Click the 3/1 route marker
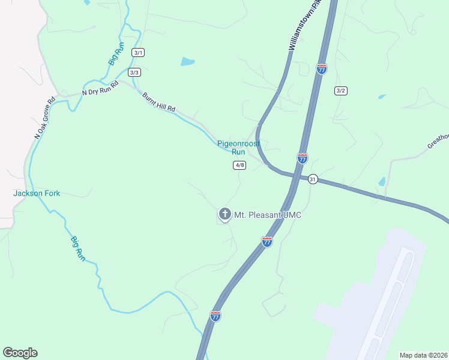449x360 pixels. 139,53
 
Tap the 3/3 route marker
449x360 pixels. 134,73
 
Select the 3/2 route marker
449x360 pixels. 341,91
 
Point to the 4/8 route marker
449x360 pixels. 240,165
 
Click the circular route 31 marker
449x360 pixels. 312,179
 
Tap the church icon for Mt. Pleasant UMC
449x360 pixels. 224,214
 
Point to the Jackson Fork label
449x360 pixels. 37,193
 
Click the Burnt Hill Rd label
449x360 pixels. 159,101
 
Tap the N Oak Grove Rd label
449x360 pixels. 45,117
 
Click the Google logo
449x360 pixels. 20,353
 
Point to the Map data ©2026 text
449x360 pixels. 423,355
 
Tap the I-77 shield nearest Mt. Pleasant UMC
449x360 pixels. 267,242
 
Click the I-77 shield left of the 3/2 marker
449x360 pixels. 322,69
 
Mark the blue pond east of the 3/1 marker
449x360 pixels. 188,61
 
